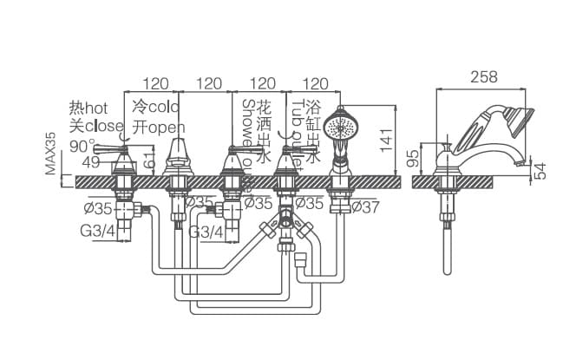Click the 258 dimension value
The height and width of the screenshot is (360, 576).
[x=485, y=76]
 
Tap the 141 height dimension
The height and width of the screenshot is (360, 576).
[x=386, y=140]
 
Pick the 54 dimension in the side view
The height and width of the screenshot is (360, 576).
[x=540, y=170]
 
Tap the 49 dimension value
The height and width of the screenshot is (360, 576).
[x=91, y=162]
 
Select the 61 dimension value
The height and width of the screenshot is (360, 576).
[x=149, y=157]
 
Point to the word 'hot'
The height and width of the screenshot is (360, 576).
[x=96, y=108]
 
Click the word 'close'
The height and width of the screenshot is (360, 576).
[x=104, y=126]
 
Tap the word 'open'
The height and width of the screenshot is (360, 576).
[x=167, y=127]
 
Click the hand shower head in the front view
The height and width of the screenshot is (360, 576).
[x=340, y=128]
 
